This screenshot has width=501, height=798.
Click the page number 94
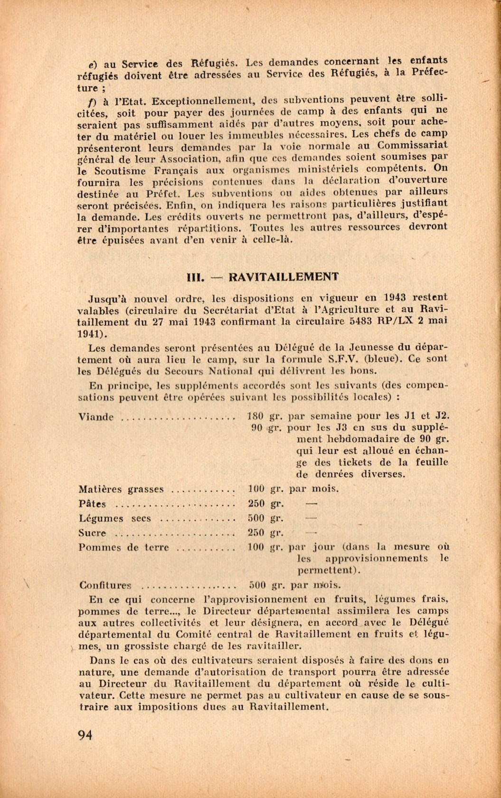click(x=85, y=735)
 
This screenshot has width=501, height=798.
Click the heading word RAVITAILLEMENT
click(x=284, y=277)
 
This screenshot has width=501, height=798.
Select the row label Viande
click(x=96, y=417)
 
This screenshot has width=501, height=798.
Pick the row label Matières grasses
click(x=121, y=489)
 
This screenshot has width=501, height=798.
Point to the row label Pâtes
click(x=92, y=504)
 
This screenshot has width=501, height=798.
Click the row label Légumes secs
click(x=114, y=519)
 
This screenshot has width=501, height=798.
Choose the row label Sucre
click(x=92, y=533)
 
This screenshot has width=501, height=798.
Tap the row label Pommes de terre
click(x=123, y=547)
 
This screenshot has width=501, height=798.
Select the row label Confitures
click(x=105, y=586)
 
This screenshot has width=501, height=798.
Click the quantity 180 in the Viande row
click(x=256, y=416)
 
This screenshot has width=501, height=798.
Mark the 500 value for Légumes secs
click(x=256, y=518)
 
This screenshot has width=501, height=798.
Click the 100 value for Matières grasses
click(x=256, y=489)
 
